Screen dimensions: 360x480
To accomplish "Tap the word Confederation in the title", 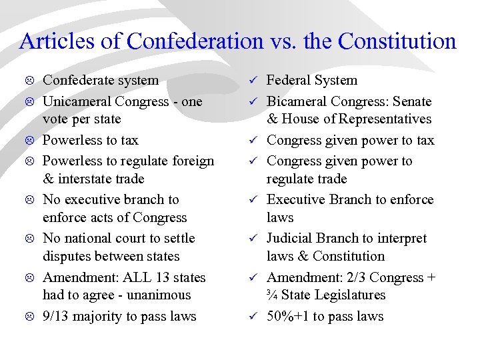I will tap(195, 41).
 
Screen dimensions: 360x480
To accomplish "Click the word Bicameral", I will tap(296, 101).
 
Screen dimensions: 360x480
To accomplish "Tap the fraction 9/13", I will tap(55, 316).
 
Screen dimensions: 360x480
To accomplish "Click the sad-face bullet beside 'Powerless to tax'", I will tap(30, 141).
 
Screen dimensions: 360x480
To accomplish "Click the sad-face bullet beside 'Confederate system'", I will tap(30, 81).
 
